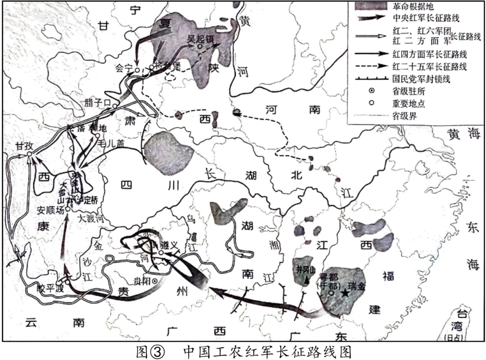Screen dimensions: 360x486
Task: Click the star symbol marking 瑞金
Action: pos(345,293)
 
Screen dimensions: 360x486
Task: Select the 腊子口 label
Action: pos(97,103)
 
